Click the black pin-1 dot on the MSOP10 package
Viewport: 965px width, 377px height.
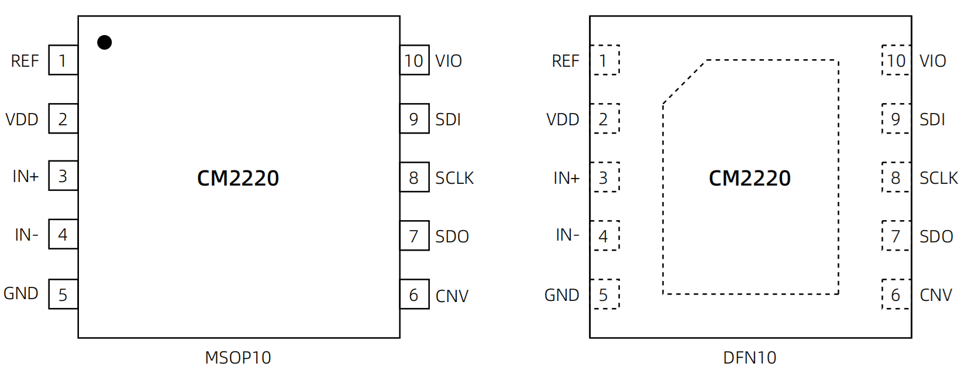[105, 42]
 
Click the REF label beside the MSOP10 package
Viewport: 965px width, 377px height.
[25, 61]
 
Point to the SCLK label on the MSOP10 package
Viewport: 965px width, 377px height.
[454, 178]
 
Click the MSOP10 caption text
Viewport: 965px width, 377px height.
[238, 358]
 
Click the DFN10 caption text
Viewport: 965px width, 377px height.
[750, 358]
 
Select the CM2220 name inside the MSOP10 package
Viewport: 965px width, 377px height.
[238, 178]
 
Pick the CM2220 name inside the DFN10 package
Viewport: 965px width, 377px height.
[750, 178]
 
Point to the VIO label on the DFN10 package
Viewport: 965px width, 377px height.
[933, 61]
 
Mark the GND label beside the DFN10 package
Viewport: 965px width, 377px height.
[562, 295]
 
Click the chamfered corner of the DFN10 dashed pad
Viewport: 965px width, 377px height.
[684, 82]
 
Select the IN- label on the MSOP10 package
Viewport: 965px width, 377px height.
[27, 235]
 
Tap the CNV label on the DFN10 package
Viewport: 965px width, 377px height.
[936, 296]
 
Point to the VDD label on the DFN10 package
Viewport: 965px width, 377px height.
[563, 119]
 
